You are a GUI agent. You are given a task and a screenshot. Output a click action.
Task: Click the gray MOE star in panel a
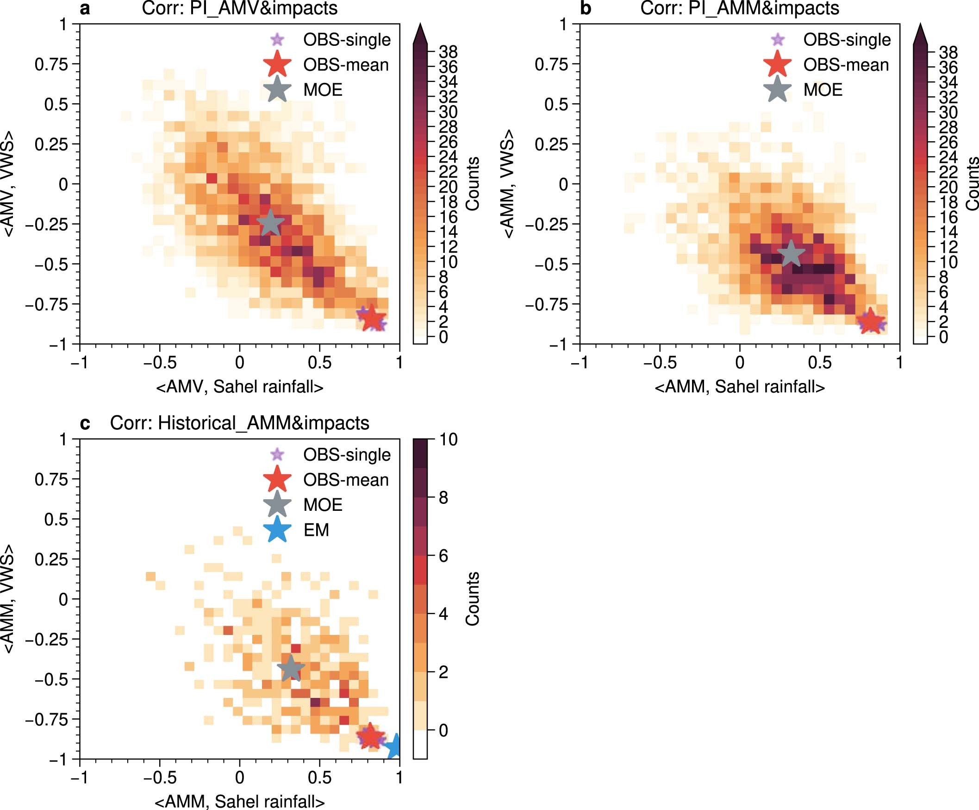coord(270,223)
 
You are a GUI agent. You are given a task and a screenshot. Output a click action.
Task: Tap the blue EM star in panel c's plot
coord(395,746)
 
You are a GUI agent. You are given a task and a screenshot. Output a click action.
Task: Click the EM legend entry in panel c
coord(316,530)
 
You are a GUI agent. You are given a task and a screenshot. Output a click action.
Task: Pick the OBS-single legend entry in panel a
coord(346,40)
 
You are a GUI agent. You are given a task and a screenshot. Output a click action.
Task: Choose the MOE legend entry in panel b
coord(823,89)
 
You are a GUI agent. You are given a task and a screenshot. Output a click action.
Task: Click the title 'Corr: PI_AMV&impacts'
coord(240,8)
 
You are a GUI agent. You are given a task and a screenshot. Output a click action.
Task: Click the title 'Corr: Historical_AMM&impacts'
coord(240,423)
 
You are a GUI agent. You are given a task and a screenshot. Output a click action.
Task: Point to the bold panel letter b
coord(585,8)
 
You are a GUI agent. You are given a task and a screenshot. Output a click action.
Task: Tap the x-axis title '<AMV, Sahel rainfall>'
coord(240,387)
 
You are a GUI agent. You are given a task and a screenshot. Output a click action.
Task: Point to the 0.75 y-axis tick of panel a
coord(51,64)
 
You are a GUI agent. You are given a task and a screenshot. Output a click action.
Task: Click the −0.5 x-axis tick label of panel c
coord(159,778)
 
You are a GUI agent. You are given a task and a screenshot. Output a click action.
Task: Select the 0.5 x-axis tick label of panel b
coord(820,362)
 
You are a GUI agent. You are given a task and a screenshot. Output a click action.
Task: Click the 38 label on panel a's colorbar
coord(448,52)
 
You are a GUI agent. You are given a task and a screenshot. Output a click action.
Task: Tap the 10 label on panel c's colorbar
coord(448,440)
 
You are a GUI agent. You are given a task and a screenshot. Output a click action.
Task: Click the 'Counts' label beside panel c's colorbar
coord(472,599)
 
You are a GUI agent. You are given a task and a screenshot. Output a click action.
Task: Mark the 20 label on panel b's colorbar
coord(948,187)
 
